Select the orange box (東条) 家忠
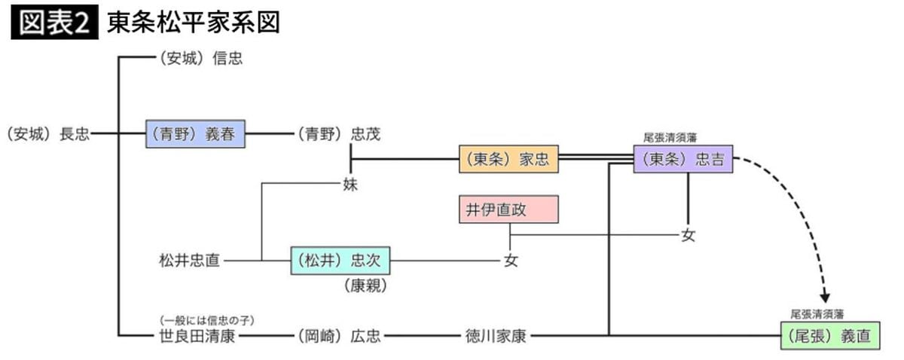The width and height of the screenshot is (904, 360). tap(508, 159)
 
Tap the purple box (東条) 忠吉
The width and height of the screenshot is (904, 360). tap(683, 159)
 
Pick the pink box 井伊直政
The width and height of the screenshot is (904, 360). tap(508, 209)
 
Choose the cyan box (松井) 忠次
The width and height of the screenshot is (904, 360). tap(341, 261)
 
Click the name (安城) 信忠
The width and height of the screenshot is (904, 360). tap(200, 58)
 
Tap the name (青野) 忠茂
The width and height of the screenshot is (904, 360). tap(338, 135)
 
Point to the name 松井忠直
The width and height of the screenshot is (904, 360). tap(190, 261)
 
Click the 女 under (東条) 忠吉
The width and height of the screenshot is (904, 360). tap(688, 235)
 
